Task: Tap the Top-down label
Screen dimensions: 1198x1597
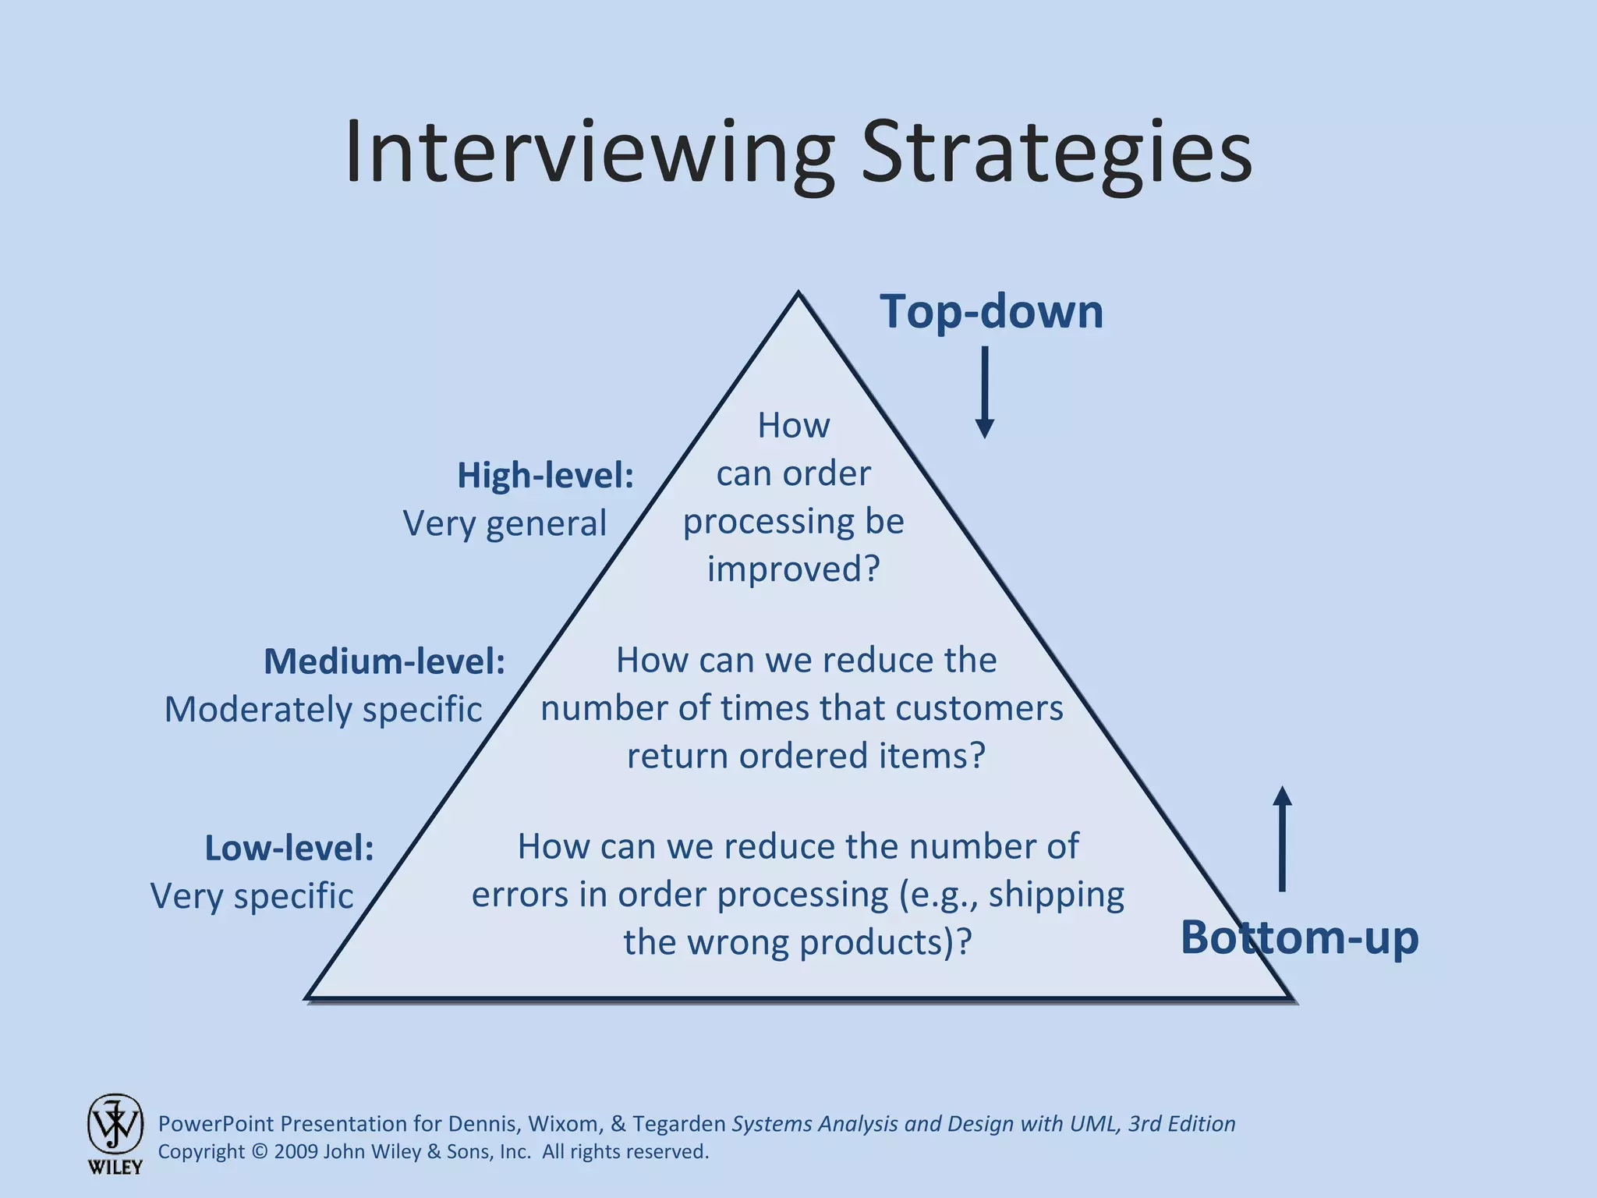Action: pyautogui.click(x=991, y=311)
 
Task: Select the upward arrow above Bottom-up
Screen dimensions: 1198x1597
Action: pyautogui.click(x=1282, y=838)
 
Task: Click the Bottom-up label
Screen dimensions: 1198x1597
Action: pyautogui.click(x=1299, y=937)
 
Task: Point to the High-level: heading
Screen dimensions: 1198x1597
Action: pyautogui.click(x=545, y=475)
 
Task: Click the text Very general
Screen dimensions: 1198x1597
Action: pyautogui.click(x=505, y=523)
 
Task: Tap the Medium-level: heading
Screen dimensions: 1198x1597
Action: pyautogui.click(x=384, y=661)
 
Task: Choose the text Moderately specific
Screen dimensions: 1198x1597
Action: pyautogui.click(x=323, y=710)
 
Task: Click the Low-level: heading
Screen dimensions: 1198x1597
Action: pyautogui.click(x=289, y=848)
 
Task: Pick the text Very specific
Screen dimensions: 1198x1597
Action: pyautogui.click(x=252, y=896)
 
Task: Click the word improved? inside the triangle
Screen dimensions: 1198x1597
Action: pyautogui.click(x=793, y=569)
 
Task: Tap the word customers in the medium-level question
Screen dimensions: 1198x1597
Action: pyautogui.click(x=979, y=708)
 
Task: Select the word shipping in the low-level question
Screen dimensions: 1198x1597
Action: pyautogui.click(x=1056, y=895)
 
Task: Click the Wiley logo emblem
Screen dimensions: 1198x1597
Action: pyautogui.click(x=115, y=1125)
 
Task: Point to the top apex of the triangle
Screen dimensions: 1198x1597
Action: pyautogui.click(x=798, y=294)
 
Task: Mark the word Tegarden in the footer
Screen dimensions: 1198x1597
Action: pyautogui.click(x=678, y=1124)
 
